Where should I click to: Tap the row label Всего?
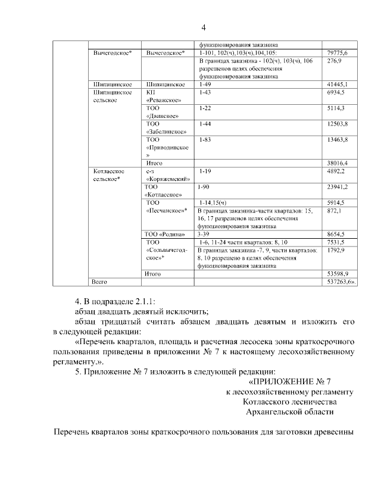click(x=99, y=280)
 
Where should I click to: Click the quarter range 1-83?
click(x=205, y=139)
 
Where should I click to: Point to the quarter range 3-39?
click(x=205, y=233)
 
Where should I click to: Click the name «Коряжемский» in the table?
click(x=167, y=179)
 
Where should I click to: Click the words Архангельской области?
click(x=290, y=411)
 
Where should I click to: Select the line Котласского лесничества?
click(x=290, y=401)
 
